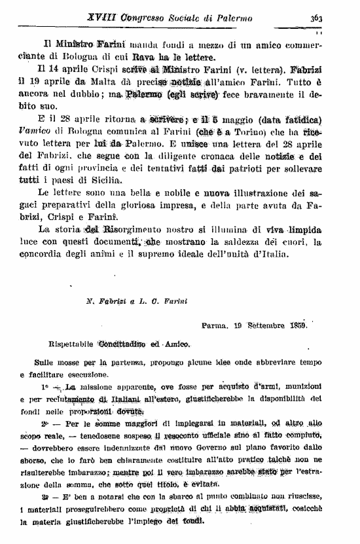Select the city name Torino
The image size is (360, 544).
click(261, 134)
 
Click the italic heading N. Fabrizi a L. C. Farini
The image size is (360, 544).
click(128, 302)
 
